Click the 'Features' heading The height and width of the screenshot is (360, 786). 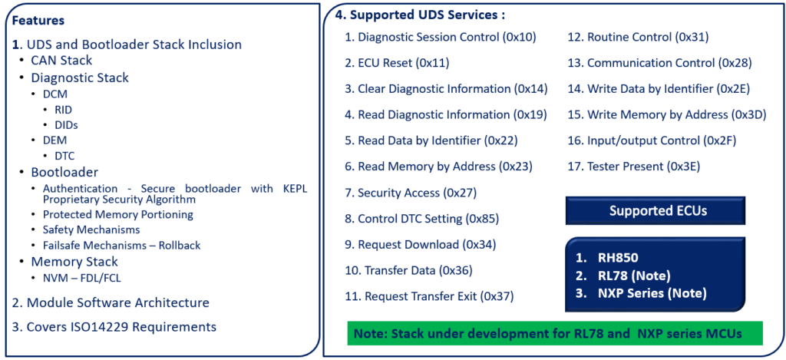tap(38, 21)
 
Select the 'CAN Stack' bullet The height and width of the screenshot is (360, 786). tap(61, 61)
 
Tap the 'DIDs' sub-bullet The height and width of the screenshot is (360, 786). tap(66, 125)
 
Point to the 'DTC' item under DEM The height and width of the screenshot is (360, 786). tap(64, 157)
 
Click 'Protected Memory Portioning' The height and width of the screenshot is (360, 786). tap(117, 215)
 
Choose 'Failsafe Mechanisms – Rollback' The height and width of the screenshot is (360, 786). tap(122, 246)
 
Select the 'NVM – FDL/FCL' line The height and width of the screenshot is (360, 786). tap(81, 278)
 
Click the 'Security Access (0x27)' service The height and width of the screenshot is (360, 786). tap(417, 193)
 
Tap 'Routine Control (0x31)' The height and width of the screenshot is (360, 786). tap(648, 37)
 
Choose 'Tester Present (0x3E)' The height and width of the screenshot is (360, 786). tap(643, 167)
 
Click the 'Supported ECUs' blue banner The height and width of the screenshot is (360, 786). tap(656, 210)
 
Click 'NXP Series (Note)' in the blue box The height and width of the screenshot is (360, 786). tap(652, 292)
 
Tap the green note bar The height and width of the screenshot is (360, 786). tap(555, 333)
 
